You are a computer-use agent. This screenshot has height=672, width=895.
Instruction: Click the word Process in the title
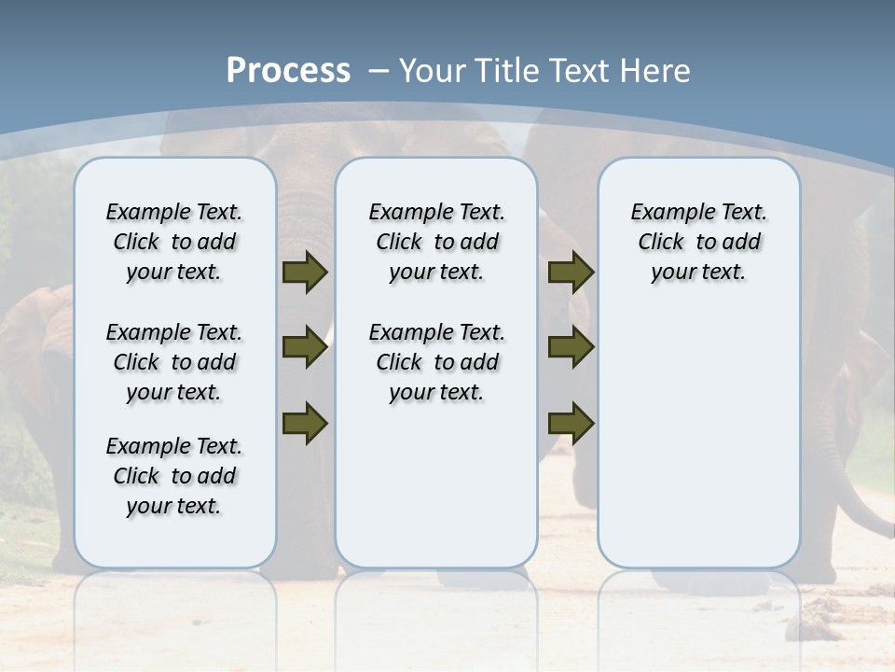point(288,70)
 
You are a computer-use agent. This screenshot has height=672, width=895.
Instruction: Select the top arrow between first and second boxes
point(305,272)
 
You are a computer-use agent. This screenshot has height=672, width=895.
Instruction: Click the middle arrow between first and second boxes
point(305,347)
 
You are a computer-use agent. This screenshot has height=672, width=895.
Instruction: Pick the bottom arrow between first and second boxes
point(305,423)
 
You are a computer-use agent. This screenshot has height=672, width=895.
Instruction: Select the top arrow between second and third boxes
point(571,272)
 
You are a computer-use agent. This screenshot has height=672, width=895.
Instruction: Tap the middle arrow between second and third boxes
point(571,347)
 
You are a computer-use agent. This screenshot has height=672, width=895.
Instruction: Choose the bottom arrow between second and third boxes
point(571,423)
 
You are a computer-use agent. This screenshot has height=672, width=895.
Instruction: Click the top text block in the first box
point(174,242)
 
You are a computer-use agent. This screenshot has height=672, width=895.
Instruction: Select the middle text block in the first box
point(174,362)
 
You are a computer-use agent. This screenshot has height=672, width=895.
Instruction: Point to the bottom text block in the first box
point(174,476)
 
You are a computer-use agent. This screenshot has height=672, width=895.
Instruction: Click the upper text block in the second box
point(436,242)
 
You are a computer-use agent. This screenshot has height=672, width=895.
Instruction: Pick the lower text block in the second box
point(436,362)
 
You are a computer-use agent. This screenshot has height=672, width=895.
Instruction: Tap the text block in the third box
point(698,242)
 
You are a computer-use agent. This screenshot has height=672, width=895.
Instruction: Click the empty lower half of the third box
point(698,448)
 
